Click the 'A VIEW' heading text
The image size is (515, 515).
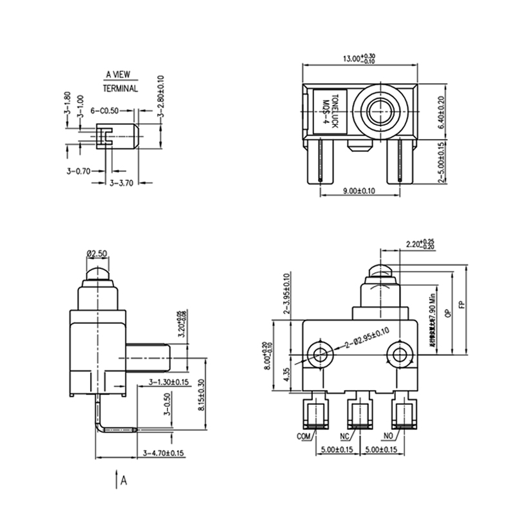121,75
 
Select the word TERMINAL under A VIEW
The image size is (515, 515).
121,88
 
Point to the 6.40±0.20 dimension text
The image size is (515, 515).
441,113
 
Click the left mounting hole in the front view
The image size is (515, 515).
319,353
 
